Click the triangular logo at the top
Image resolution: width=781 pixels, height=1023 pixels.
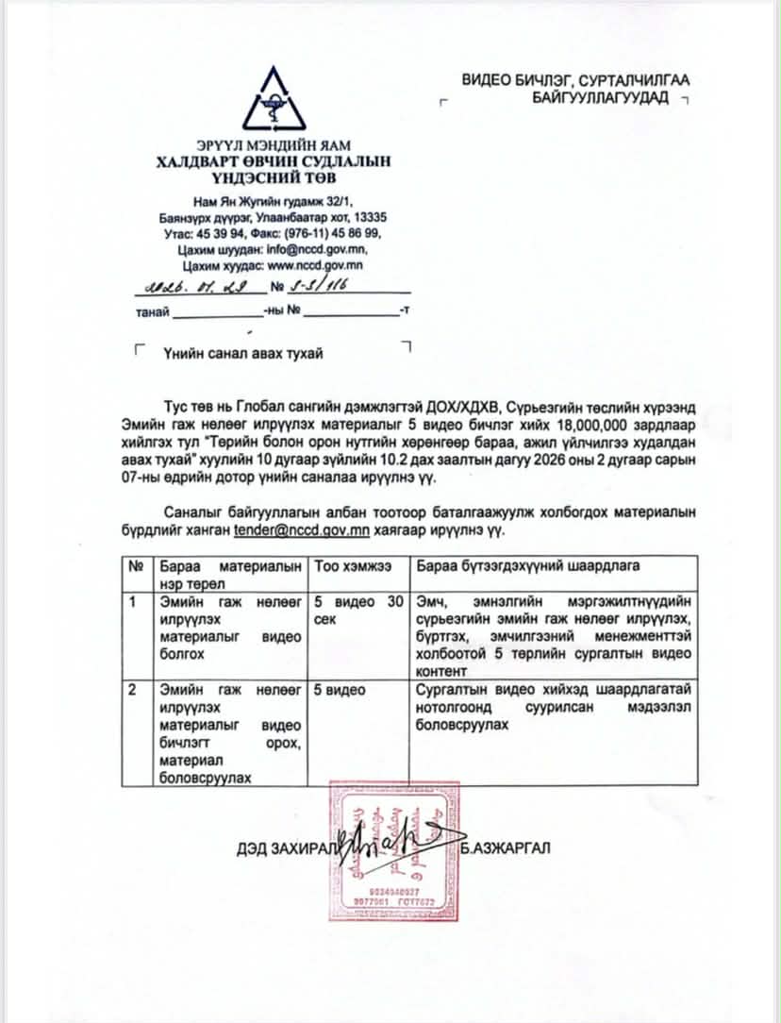(x=274, y=101)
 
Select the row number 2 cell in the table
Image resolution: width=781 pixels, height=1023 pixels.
(x=136, y=690)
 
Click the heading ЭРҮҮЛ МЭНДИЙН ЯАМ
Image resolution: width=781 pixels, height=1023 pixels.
(x=273, y=145)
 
